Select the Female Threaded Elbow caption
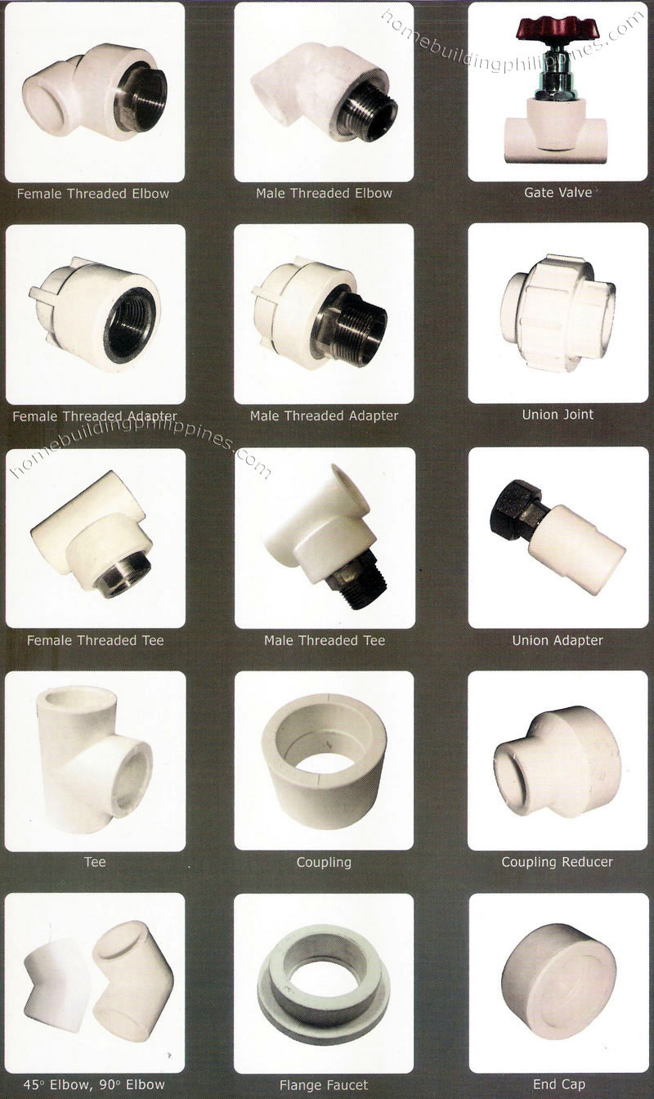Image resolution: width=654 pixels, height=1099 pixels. [93, 194]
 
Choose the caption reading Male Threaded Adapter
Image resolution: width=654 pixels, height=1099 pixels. [324, 415]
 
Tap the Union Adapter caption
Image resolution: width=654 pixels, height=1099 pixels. [558, 640]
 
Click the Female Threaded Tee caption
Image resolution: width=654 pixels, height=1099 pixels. [95, 640]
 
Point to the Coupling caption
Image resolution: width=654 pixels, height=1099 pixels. [324, 862]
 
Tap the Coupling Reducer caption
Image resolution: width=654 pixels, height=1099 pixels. [558, 862]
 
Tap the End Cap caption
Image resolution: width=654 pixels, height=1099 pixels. [558, 1085]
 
